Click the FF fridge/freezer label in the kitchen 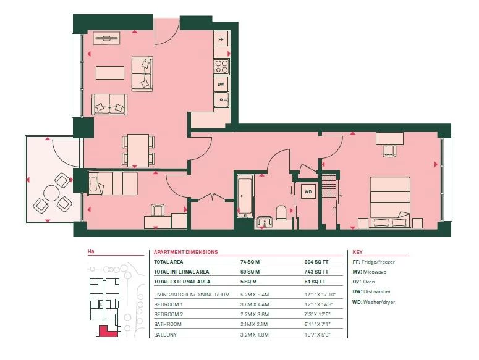[221, 40]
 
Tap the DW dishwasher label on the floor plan [221, 84]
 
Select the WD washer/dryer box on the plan [308, 191]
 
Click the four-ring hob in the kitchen [221, 67]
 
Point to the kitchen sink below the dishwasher [221, 100]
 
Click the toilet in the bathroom [281, 212]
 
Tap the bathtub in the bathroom [245, 196]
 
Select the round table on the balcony [51, 193]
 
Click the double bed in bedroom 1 [390, 202]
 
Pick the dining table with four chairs [138, 151]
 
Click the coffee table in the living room [110, 73]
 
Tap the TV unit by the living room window [106, 38]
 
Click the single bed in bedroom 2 [112, 183]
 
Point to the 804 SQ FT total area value [316, 262]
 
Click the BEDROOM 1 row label [168, 304]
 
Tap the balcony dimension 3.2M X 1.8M [255, 335]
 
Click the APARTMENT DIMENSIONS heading [186, 252]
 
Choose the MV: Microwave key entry [370, 272]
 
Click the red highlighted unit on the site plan [106, 332]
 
